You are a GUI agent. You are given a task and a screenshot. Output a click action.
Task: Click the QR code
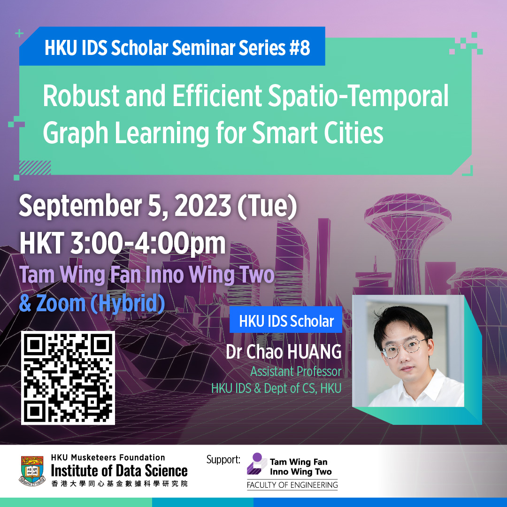pyautogui.click(x=68, y=377)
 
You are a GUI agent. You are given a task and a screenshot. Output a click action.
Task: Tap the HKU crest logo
pyautogui.click(x=32, y=470)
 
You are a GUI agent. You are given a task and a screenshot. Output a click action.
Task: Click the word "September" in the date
pyautogui.click(x=81, y=207)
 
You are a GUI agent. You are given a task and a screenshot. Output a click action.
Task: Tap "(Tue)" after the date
pyautogui.click(x=267, y=206)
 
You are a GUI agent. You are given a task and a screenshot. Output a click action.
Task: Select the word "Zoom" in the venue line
pyautogui.click(x=61, y=303)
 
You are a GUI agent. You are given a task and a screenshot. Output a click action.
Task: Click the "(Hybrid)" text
pyautogui.click(x=128, y=304)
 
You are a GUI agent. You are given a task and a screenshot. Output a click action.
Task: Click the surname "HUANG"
pyautogui.click(x=315, y=352)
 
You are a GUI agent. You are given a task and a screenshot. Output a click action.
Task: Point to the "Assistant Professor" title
pyautogui.click(x=296, y=371)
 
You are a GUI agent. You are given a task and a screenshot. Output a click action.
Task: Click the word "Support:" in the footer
pyautogui.click(x=223, y=460)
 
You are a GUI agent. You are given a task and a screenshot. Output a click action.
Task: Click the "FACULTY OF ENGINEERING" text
pyautogui.click(x=292, y=484)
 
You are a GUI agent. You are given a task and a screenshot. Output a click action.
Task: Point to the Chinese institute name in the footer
pyautogui.click(x=119, y=484)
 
